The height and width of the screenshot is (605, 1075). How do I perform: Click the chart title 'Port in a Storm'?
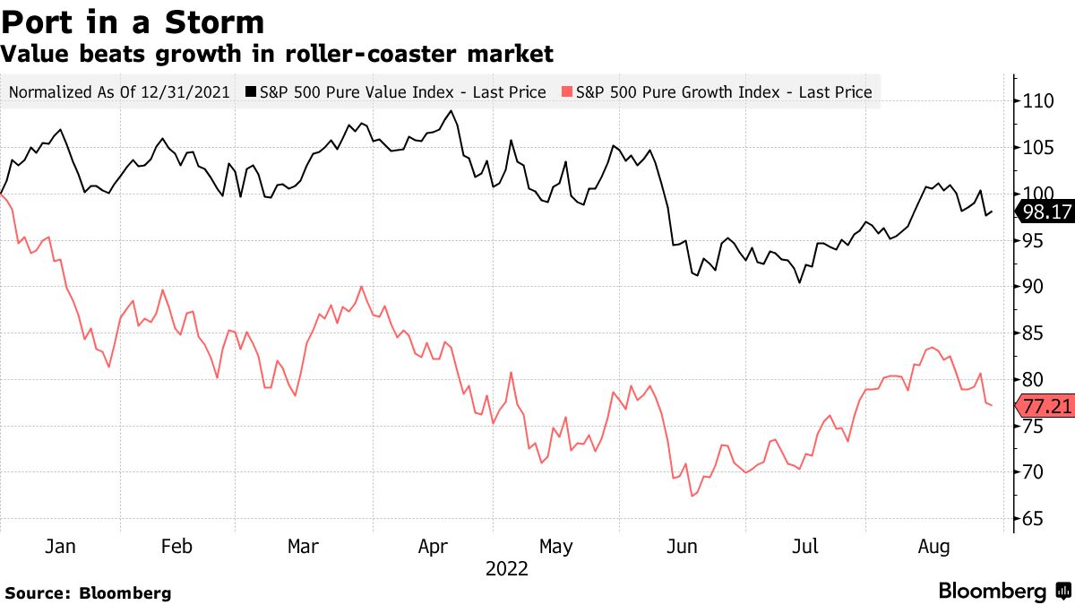click(133, 22)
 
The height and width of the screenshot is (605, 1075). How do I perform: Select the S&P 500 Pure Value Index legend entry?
click(395, 91)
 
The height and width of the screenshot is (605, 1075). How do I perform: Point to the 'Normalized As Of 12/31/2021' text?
click(120, 91)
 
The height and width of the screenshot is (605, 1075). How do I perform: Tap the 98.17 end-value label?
click(1045, 212)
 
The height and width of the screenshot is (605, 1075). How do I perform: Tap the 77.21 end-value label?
click(1045, 407)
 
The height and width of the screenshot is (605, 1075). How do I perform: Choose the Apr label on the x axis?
click(434, 546)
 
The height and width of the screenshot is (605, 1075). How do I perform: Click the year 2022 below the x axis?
click(506, 568)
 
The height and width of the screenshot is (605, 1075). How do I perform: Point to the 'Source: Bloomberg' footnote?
click(88, 592)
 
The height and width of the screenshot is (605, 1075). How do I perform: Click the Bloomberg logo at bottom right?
click(1003, 592)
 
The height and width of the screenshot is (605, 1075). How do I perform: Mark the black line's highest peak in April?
click(451, 111)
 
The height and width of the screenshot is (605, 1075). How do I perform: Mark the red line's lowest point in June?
click(692, 496)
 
